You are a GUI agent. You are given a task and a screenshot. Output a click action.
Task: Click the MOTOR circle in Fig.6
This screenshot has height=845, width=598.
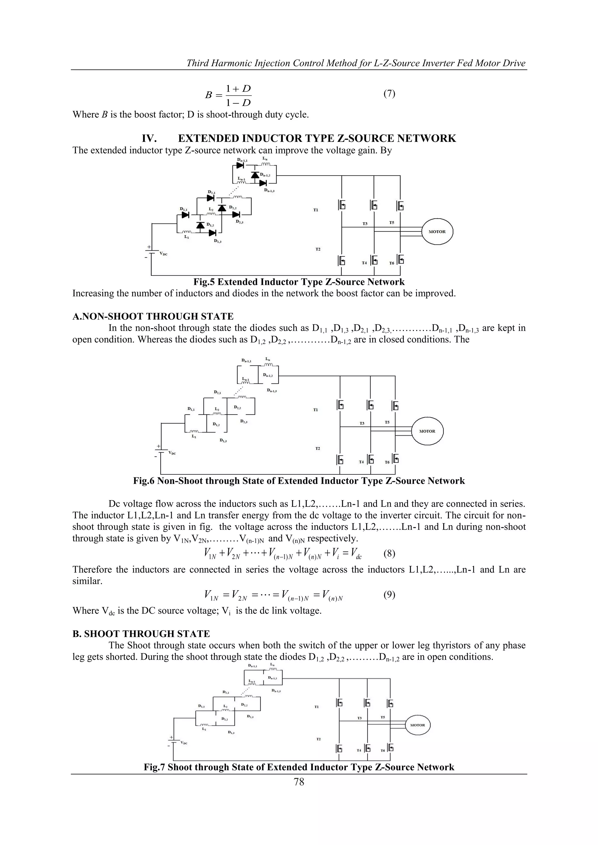pos(427,431)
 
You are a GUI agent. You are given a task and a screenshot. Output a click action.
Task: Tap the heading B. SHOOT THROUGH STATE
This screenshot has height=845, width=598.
pos(141,634)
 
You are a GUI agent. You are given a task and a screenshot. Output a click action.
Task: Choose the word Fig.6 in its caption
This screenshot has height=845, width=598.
pos(144,481)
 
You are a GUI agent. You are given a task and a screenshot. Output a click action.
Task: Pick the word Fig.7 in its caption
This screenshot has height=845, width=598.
pos(154,767)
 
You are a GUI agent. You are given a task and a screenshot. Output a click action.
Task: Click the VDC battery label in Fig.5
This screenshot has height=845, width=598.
pos(163,254)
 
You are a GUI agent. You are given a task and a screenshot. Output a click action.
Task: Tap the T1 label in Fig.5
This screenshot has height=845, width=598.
pos(316,210)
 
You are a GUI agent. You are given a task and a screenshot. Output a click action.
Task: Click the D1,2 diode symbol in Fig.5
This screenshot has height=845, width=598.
pos(200,225)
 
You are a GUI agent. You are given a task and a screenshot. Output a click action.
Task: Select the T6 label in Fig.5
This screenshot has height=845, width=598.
pos(392,263)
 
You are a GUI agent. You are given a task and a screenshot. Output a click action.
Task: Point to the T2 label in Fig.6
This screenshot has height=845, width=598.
pos(317,449)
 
